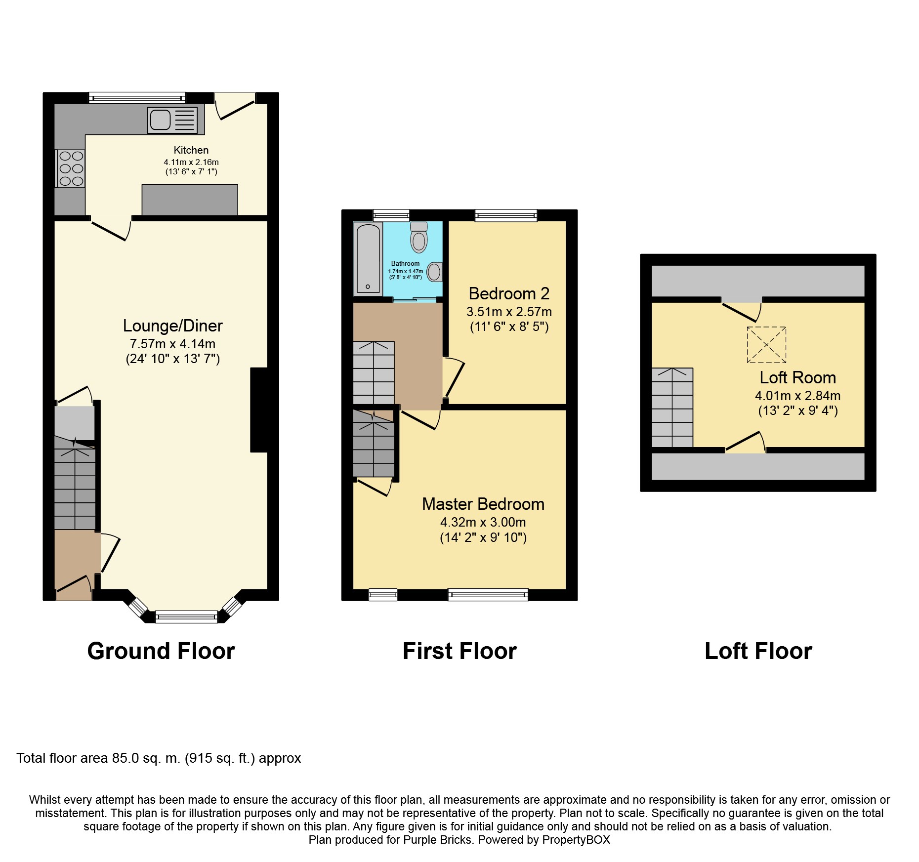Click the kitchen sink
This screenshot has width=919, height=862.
point(171,120)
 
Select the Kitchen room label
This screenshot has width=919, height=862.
point(191,150)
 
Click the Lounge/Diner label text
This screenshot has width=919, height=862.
point(172,326)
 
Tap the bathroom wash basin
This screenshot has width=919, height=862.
point(434,272)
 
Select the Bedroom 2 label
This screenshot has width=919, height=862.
point(509,293)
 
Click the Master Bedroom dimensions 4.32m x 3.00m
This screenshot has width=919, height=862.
point(483,522)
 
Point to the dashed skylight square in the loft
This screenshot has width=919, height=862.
point(766,344)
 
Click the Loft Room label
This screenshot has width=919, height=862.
point(797,377)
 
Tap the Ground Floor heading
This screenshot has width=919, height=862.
point(161,651)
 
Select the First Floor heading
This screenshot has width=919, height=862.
point(459,651)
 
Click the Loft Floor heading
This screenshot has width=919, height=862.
point(758,651)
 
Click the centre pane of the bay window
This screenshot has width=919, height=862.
point(186,616)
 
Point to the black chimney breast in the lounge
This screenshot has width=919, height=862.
point(259,410)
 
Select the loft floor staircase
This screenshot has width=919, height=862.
point(672,408)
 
